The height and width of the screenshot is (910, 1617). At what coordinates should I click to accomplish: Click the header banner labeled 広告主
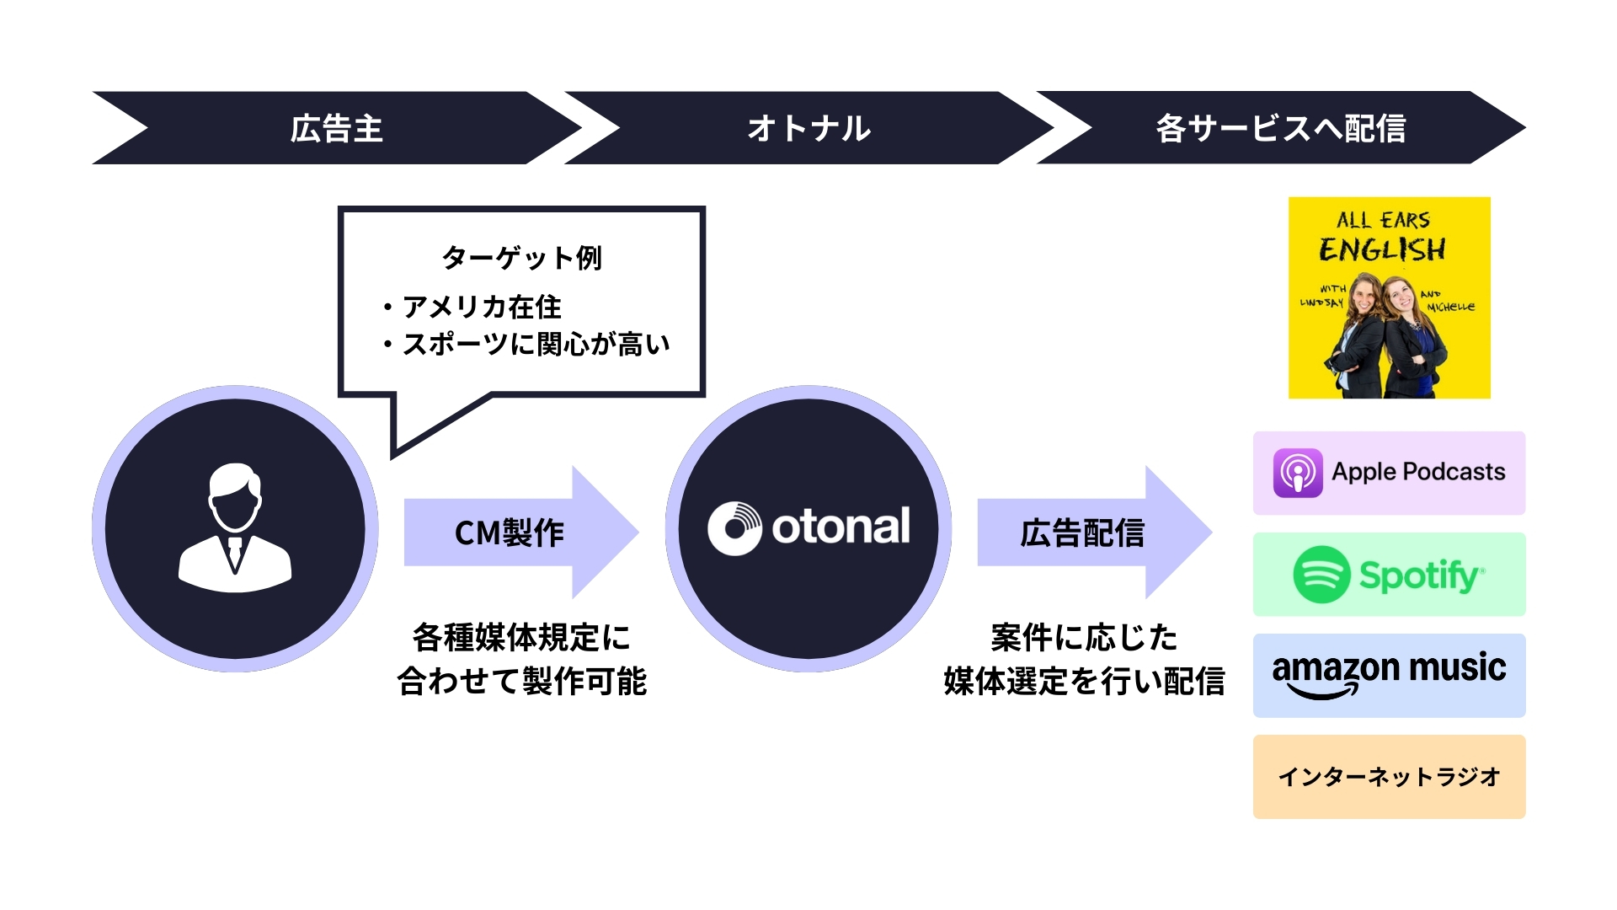pyautogui.click(x=337, y=128)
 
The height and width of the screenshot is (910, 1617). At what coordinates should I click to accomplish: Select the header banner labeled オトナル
pyautogui.click(x=808, y=128)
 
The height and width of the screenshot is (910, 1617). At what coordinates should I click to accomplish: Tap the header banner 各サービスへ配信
pyautogui.click(x=1280, y=128)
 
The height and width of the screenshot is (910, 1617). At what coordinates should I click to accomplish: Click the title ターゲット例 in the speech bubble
pyautogui.click(x=521, y=257)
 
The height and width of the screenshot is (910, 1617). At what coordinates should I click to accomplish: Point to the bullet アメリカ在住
pyautogui.click(x=481, y=307)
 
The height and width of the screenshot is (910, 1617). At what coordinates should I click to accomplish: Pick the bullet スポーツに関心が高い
pyautogui.click(x=536, y=344)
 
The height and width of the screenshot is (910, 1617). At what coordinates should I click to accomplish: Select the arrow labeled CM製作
pyautogui.click(x=510, y=533)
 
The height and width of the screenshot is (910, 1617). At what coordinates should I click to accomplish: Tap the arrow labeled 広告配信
pyautogui.click(x=1082, y=533)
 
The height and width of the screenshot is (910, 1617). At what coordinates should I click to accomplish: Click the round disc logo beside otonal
pyautogui.click(x=734, y=528)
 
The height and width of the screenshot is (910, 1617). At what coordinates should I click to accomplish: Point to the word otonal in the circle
pyautogui.click(x=841, y=527)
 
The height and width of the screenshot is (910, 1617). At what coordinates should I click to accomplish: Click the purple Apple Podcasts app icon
pyautogui.click(x=1297, y=474)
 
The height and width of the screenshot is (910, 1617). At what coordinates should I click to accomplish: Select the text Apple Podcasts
pyautogui.click(x=1418, y=472)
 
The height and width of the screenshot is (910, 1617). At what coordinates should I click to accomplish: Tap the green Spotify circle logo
pyautogui.click(x=1321, y=575)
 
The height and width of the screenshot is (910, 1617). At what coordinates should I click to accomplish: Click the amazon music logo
pyautogui.click(x=1389, y=674)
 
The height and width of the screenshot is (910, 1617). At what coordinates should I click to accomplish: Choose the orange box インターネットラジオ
pyautogui.click(x=1389, y=776)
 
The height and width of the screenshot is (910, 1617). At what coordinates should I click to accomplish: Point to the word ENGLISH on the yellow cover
pyautogui.click(x=1382, y=249)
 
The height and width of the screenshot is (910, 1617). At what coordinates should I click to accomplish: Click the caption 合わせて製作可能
pyautogui.click(x=521, y=681)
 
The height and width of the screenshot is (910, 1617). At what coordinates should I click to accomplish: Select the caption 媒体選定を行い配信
pyautogui.click(x=1084, y=681)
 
